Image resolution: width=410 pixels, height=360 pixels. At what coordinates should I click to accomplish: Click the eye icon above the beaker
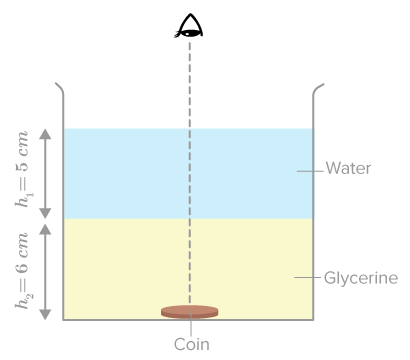coord(189,26)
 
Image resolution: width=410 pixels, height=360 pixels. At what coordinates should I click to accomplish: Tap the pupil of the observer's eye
coord(190,33)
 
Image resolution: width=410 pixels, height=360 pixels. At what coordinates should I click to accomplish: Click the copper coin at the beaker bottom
coord(189,312)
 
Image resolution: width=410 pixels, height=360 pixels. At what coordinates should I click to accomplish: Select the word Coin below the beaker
coord(192,344)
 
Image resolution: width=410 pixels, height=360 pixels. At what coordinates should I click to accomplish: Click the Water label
coord(348,168)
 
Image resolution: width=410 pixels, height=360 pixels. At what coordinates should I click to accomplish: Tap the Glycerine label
coord(361,278)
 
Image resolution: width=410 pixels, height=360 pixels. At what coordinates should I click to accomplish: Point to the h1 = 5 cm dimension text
coord(22,169)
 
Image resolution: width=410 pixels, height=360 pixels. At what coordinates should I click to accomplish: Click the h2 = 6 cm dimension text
coord(22,271)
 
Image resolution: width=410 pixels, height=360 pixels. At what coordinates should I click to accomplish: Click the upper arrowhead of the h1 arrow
coord(45,134)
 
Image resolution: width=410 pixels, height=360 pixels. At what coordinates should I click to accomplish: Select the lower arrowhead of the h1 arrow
coord(45,213)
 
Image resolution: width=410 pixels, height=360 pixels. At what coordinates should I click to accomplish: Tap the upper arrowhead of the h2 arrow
coord(45,229)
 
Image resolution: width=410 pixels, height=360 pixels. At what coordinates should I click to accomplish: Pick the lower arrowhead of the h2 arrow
coord(45,314)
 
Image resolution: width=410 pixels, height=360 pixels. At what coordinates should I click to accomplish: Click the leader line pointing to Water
coord(310,171)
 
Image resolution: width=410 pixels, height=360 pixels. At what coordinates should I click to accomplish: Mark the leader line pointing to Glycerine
coord(307,277)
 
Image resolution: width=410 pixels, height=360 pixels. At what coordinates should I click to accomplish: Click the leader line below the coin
coord(191,323)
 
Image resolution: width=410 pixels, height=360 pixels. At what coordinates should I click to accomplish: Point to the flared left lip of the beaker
coord(59,88)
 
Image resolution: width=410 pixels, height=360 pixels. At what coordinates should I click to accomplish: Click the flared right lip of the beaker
coord(318,89)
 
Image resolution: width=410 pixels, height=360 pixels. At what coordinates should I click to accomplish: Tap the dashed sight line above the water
coord(190,85)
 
